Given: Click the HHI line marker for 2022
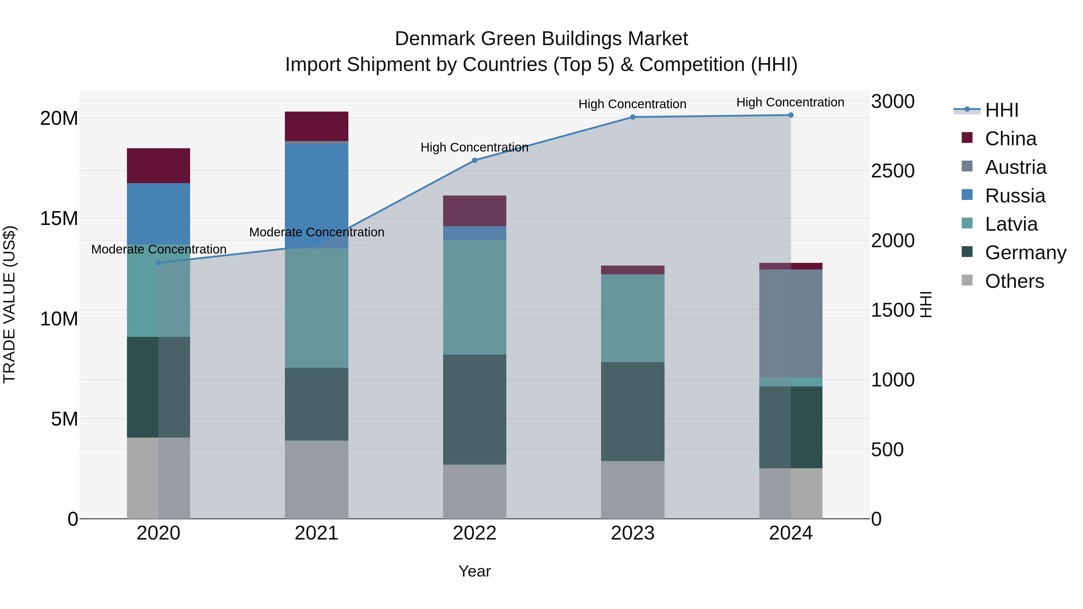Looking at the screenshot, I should [475, 160].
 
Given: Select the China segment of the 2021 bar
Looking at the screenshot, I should [316, 126].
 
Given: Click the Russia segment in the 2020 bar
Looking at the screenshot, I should [159, 214].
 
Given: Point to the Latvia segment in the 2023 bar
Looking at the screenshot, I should [633, 318].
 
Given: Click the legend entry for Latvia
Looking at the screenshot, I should [1011, 224].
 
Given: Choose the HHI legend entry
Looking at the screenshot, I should [1001, 110].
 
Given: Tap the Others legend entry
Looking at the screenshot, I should [1014, 281].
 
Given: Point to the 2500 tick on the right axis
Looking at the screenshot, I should [893, 171].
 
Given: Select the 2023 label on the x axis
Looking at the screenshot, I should [633, 533].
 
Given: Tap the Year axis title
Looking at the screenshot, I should [475, 571].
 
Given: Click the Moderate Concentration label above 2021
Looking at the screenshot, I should [316, 232].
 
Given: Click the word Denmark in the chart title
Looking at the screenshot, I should [435, 39].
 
